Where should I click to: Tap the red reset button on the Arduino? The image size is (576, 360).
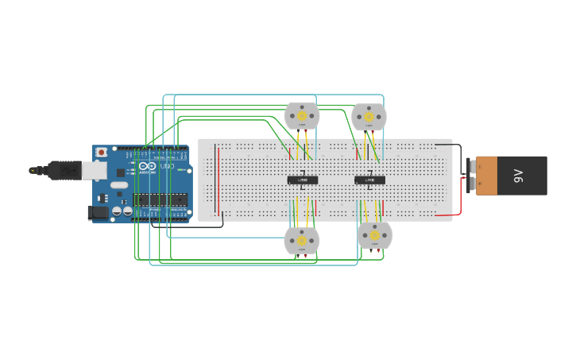tap(101, 152)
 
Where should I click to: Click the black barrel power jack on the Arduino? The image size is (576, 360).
tap(98, 212)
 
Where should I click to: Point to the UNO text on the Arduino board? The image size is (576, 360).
tap(167, 166)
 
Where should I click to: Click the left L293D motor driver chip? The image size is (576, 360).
tap(302, 180)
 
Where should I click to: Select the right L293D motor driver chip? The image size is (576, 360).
tap(369, 180)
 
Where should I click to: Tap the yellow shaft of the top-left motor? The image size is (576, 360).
tap(302, 116)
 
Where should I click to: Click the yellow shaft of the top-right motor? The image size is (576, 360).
tap(369, 117)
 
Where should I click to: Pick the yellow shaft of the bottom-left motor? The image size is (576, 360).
tap(301, 240)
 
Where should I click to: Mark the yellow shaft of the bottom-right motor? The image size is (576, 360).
tap(374, 234)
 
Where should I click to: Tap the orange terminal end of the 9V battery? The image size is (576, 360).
tap(486, 176)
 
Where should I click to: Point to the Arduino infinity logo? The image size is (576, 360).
tap(148, 166)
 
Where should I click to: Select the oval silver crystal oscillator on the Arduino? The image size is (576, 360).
tap(118, 185)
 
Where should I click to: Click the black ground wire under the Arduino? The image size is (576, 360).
tap(191, 226)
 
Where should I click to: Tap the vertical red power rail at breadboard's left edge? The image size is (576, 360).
tap(216, 180)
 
